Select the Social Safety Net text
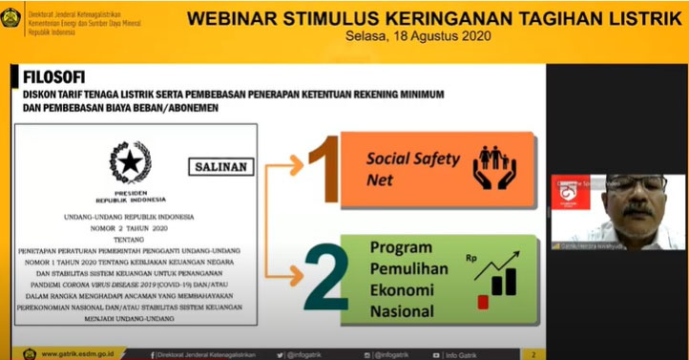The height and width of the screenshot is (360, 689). click(413, 168)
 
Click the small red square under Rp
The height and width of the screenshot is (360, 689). click(483, 302)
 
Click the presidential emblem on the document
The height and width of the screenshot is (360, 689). click(130, 161)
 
